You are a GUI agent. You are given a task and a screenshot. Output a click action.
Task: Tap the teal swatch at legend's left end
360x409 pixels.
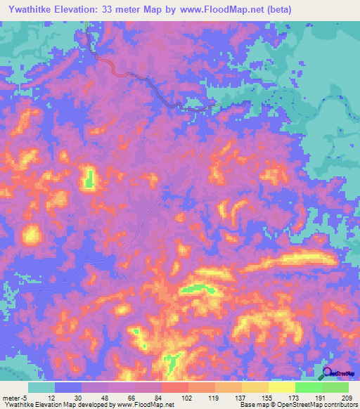tap(41, 387)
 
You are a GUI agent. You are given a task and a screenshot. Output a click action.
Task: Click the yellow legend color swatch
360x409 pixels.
tap(255, 387)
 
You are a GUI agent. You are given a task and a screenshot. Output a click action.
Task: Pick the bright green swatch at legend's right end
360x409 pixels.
tap(335, 387)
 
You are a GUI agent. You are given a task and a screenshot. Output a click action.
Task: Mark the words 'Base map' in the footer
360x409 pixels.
tap(251, 405)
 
